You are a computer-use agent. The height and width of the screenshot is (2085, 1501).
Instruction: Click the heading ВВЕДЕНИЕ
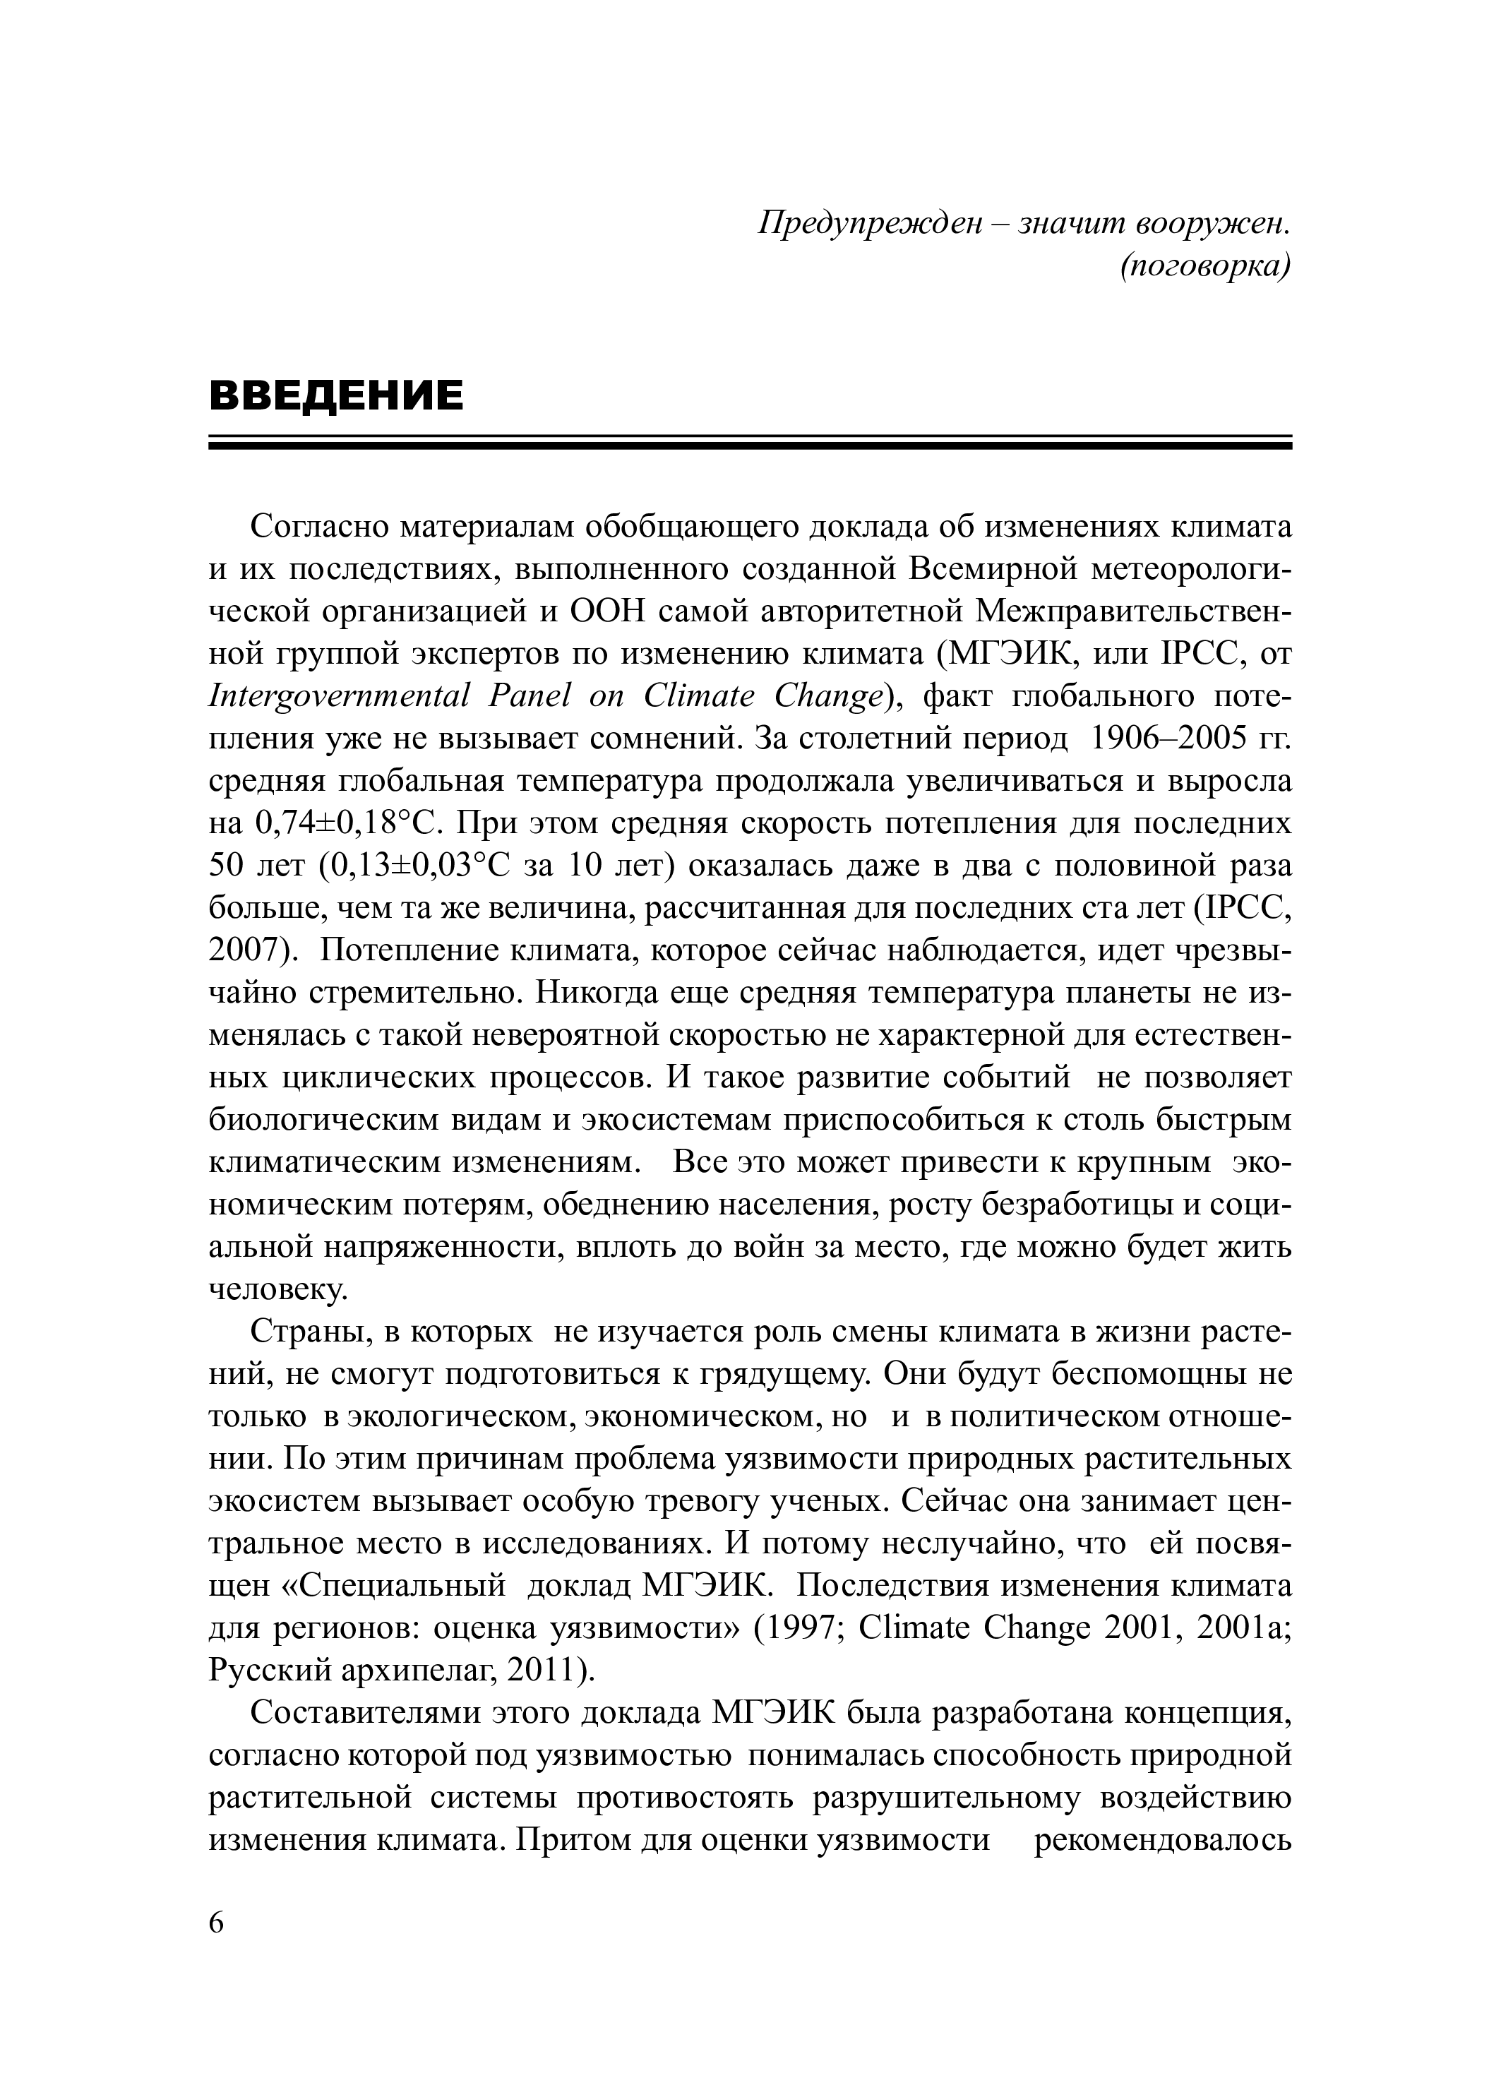336,395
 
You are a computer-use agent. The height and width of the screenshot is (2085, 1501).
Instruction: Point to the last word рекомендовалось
1163,1841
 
